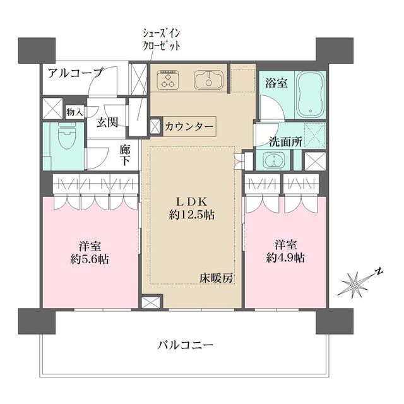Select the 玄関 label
[x=107, y=122]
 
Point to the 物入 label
[x=74, y=112]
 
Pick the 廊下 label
[x=125, y=155]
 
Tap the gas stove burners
[x=168, y=78]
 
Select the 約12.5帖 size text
[x=191, y=215]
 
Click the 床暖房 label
[x=217, y=276]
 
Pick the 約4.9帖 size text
[x=285, y=258]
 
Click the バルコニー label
[x=185, y=345]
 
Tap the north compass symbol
[x=357, y=285]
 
